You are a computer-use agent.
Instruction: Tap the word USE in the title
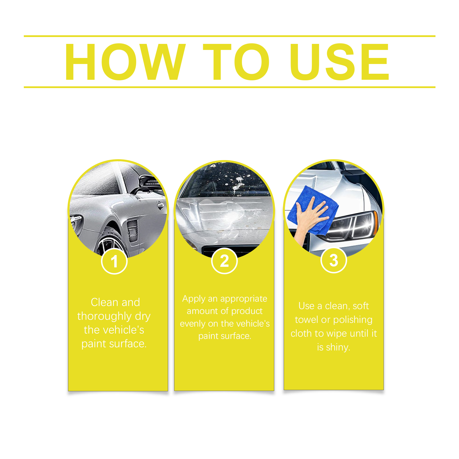click(340, 62)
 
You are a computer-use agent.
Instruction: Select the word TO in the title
click(236, 62)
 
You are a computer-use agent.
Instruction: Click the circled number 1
click(114, 261)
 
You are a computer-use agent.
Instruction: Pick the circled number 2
click(224, 261)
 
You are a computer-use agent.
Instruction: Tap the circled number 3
click(334, 260)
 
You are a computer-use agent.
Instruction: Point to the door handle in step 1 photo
click(160, 205)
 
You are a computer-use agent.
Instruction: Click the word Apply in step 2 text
click(194, 299)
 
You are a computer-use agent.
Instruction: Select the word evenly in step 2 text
click(192, 324)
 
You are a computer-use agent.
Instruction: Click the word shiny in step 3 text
click(338, 347)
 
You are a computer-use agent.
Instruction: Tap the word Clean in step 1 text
click(104, 302)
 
